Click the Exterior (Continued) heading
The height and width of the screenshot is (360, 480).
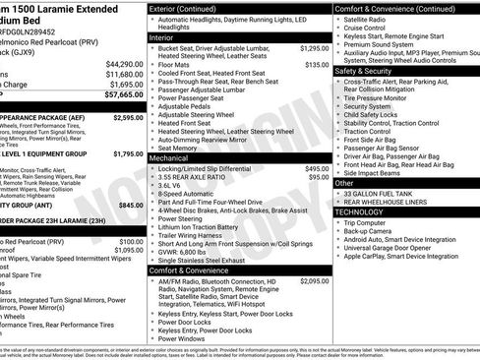[x=190, y=8]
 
